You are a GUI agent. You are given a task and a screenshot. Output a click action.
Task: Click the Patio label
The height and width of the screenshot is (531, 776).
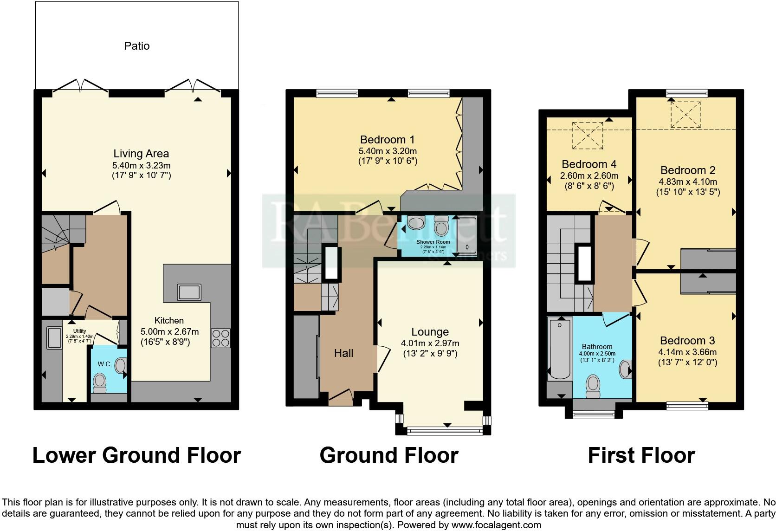136,46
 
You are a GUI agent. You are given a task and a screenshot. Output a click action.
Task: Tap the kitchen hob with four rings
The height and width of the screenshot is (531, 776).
220,338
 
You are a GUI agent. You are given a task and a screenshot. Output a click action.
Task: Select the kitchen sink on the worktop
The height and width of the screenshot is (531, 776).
189,292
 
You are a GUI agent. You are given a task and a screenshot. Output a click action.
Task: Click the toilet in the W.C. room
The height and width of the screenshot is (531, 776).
99,382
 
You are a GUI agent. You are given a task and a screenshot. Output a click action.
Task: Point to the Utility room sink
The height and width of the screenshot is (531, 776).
54,337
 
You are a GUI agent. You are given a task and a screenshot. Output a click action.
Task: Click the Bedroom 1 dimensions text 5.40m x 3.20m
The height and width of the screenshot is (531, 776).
388,151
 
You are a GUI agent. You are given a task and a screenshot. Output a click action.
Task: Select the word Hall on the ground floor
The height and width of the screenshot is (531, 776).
343,353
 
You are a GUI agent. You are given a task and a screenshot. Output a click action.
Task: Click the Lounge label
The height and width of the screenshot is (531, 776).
430,332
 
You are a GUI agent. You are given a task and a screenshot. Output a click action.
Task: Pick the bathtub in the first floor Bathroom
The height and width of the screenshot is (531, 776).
559,348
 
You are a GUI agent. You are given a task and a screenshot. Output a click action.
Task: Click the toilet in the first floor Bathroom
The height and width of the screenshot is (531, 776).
592,385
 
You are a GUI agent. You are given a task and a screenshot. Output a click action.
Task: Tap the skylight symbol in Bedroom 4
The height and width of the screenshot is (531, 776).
588,135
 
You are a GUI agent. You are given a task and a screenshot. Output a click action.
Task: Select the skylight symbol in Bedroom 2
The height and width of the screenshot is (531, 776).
685,114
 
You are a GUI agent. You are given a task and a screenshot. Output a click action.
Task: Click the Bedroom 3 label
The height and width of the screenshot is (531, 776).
687,341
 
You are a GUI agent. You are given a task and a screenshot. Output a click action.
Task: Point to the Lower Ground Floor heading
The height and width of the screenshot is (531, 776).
136,455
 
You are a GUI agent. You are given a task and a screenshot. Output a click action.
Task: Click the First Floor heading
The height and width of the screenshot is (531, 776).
641,455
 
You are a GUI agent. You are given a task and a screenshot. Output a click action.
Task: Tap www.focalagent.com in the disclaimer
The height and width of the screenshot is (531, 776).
496,525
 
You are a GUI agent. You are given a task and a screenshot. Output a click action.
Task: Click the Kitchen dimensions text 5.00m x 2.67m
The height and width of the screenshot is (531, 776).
169,331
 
